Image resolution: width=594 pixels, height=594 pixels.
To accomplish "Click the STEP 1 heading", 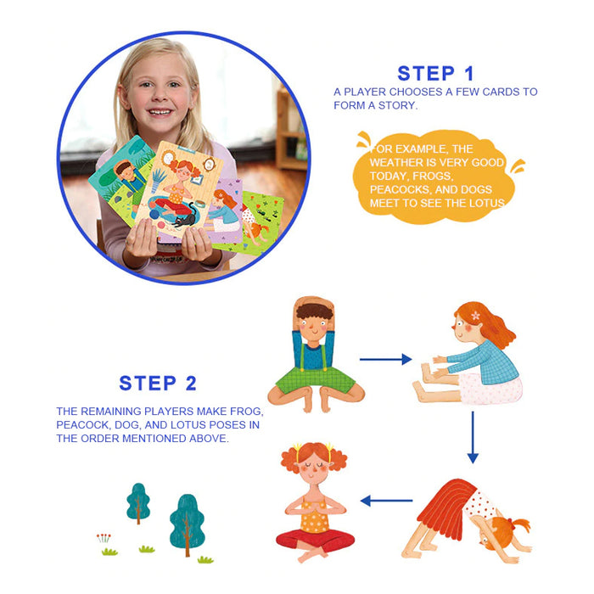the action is [435, 74].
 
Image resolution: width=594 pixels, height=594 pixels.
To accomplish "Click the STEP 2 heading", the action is [158, 383].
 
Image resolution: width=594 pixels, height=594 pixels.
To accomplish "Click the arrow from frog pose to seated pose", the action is [385, 359].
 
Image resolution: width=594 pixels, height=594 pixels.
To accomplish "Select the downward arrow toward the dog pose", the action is [473, 437].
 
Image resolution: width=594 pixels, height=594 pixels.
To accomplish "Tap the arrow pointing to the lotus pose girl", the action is [386, 501].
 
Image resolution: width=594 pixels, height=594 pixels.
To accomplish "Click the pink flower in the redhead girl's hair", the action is [476, 315].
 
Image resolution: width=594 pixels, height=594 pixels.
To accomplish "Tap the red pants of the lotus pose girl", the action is [315, 539].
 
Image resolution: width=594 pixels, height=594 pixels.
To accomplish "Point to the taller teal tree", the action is [188, 523].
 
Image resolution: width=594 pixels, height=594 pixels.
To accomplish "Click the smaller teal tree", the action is [138, 502].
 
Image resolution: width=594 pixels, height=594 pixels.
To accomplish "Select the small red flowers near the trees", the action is [104, 538].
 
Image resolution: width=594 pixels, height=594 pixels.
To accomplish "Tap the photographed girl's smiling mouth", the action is [160, 112].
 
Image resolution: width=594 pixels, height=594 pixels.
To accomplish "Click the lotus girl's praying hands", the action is [314, 507].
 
